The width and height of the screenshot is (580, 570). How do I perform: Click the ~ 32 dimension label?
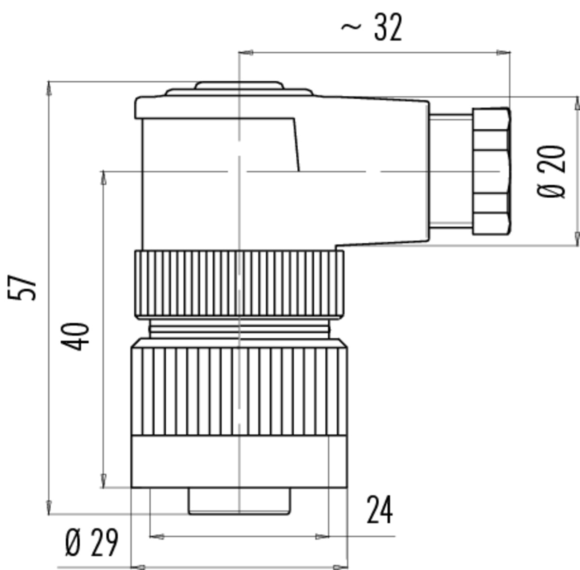point(371,28)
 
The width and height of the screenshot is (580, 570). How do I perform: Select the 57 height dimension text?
point(22,287)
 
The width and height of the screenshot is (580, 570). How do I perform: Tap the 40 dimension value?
point(75,336)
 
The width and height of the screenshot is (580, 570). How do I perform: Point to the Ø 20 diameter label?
point(551,172)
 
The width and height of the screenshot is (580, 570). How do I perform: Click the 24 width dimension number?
point(379,510)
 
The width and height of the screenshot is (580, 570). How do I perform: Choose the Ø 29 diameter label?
point(91,542)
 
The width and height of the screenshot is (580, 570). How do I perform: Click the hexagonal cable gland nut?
point(492,171)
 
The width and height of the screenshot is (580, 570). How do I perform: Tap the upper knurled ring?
point(239,284)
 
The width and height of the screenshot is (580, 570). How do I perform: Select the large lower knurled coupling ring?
point(239,387)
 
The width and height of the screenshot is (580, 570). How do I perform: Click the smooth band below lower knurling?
point(239,461)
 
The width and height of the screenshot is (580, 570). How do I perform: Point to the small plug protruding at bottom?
point(239,501)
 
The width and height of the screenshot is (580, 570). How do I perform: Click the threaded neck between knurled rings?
point(239,328)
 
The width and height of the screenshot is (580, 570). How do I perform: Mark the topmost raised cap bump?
point(239,85)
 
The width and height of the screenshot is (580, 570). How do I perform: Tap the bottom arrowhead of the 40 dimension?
point(103,481)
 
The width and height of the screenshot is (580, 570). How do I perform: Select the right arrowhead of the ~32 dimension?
point(503,53)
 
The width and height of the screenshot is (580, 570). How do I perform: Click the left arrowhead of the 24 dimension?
point(157,536)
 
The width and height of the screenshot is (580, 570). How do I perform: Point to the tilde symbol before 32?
point(351,28)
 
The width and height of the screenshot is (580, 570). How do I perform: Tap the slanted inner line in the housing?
point(296,145)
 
